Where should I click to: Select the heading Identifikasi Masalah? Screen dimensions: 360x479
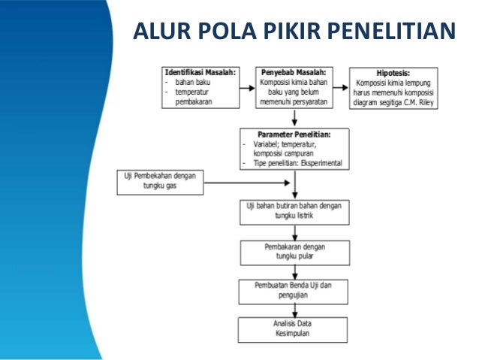(x=200, y=72)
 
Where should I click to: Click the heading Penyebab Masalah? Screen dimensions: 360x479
(x=294, y=72)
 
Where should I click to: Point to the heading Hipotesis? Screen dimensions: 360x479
(x=393, y=72)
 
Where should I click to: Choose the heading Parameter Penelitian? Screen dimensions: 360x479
(x=294, y=134)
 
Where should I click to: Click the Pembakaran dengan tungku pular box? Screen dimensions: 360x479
(x=294, y=251)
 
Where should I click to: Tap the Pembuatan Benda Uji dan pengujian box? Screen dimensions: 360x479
(x=294, y=291)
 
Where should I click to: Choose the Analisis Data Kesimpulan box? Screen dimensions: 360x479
(x=294, y=328)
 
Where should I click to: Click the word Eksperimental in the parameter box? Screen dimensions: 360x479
(x=320, y=162)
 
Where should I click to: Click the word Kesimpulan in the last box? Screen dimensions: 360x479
(x=294, y=333)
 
